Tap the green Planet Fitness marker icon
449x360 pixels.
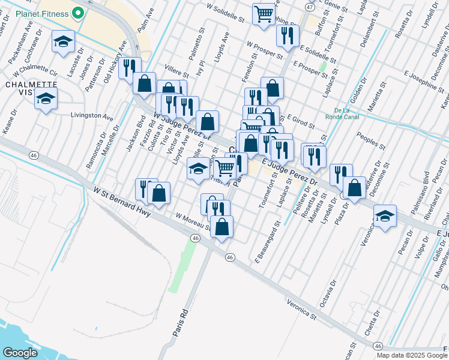click(x=77, y=13)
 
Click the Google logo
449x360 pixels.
click(x=19, y=353)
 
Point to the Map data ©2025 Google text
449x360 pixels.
click(x=412, y=355)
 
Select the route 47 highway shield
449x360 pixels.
click(x=309, y=7)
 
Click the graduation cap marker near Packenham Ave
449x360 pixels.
click(x=63, y=42)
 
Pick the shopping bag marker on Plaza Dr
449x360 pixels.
click(x=355, y=188)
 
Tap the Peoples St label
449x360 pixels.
click(x=370, y=142)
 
